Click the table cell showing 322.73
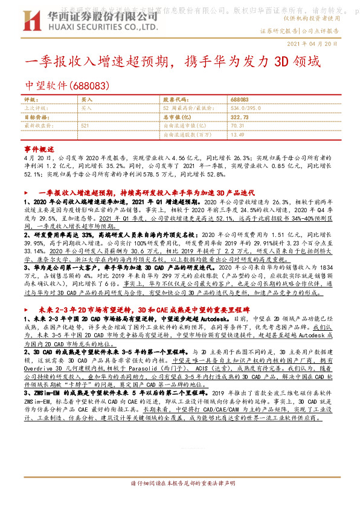click(x=239, y=117)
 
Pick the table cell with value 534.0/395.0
click(x=248, y=108)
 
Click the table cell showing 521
click(x=85, y=125)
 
